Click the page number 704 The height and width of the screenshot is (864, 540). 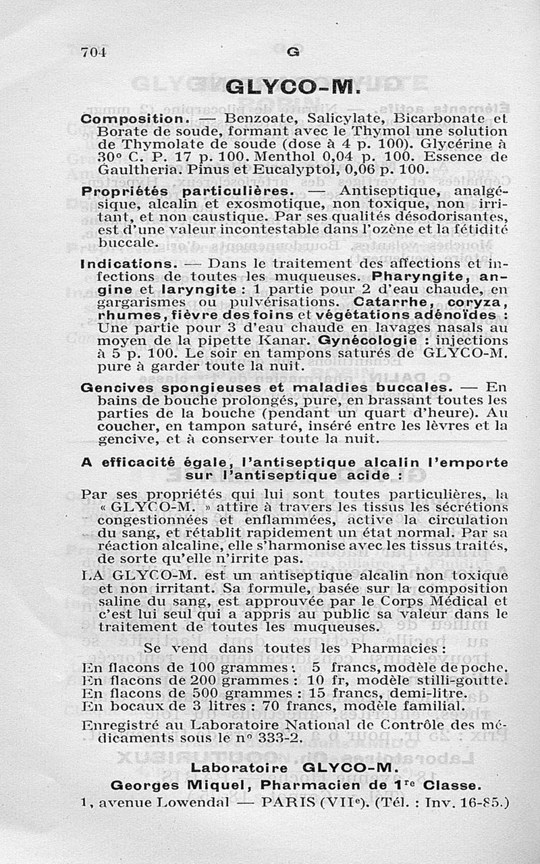[94, 52]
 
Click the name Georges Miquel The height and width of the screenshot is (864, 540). [175, 785]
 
